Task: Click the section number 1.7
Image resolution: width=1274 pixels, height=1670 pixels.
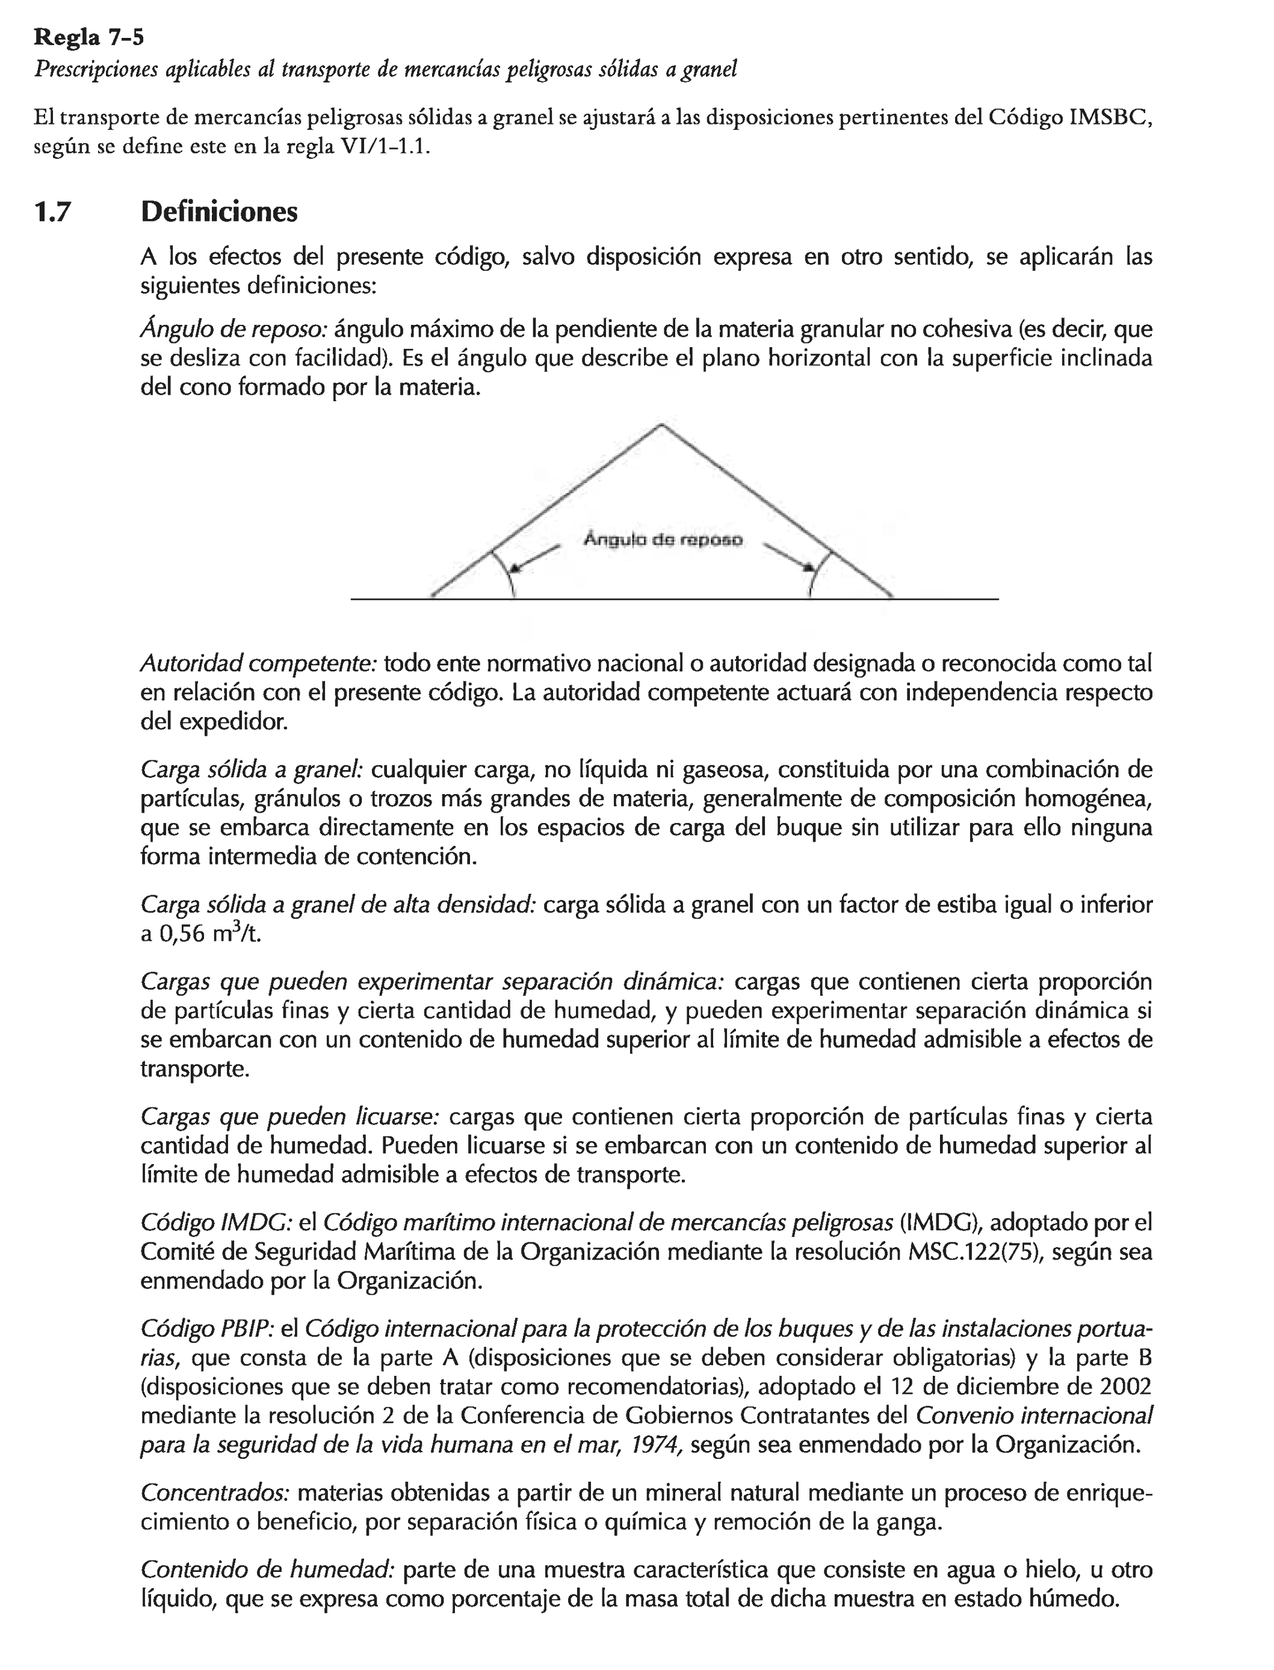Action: pos(52,212)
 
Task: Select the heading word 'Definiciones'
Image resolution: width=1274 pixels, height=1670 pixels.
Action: pos(219,212)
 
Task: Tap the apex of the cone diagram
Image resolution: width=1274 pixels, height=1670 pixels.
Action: pos(661,425)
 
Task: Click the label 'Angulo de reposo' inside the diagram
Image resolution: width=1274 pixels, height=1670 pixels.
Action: pos(663,540)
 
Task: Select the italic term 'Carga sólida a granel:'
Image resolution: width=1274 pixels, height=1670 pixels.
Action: pos(252,769)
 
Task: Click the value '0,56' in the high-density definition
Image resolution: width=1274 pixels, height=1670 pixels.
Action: pos(182,934)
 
